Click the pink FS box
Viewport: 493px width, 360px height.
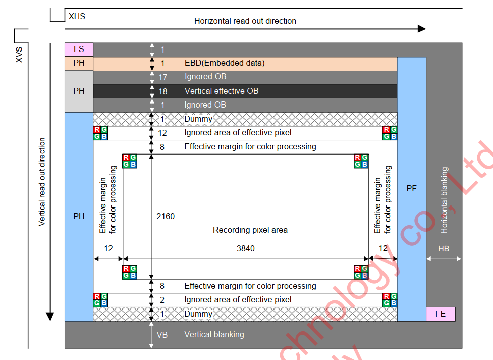[x=79, y=49]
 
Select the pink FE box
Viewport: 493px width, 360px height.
[x=441, y=314]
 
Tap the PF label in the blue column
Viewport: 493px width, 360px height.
[x=411, y=188]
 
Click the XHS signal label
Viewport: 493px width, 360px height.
[x=77, y=16]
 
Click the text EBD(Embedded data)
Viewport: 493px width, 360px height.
[x=225, y=63]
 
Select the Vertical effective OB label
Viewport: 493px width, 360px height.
[x=222, y=91]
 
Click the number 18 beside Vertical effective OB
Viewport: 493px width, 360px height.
[x=162, y=91]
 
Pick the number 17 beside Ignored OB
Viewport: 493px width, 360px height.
[x=162, y=77]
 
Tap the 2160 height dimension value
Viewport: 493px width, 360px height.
[x=166, y=217]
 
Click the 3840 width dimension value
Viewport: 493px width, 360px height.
[x=246, y=248]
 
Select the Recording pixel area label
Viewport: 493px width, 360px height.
[x=250, y=230]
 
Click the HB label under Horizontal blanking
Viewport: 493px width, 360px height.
[x=444, y=248]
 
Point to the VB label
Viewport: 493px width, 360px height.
[x=162, y=334]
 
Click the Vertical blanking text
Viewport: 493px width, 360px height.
[x=214, y=334]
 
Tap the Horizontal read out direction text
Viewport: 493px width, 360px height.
[x=245, y=21]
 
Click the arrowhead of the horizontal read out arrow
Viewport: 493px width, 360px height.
[x=422, y=28]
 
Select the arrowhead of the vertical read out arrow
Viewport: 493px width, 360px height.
[x=50, y=317]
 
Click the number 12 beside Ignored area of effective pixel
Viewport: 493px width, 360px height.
[x=162, y=133]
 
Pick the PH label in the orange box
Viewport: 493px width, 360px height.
[x=79, y=63]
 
